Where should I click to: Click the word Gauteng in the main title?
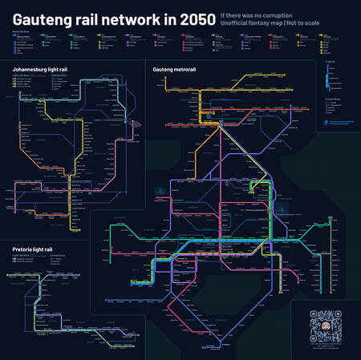[40, 17]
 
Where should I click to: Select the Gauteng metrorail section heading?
[176, 70]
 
